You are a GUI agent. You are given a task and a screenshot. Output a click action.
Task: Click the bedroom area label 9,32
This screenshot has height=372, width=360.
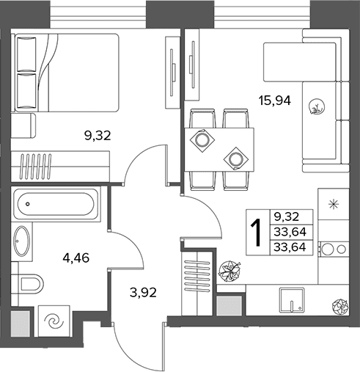coord(98,136)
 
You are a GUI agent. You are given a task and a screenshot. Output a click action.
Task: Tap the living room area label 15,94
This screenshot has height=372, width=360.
coord(275,101)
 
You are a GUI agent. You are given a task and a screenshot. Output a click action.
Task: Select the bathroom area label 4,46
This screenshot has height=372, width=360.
coord(76,258)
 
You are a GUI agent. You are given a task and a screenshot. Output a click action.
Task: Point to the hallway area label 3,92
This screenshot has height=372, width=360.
coord(143,292)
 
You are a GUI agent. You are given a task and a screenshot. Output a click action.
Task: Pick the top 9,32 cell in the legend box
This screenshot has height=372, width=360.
coord(287,216)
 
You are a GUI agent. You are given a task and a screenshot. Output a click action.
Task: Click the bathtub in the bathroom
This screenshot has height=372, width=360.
coord(56,204)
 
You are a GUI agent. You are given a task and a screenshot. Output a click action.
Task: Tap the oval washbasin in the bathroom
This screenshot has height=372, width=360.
coord(22,241)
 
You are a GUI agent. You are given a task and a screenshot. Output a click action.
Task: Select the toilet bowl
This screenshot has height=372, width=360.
coord(31,284)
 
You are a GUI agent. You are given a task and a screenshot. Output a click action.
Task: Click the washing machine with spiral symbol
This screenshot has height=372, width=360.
coord(54,321)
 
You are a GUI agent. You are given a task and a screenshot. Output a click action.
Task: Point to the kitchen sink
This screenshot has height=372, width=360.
coord(292,300)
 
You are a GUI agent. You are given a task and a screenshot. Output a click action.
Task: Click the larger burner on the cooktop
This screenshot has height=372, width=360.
coord(328,249)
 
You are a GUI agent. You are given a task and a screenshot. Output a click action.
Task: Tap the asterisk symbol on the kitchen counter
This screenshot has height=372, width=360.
coord(334,204)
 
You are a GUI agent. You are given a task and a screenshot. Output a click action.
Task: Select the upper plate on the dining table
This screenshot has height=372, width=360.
coord(202,140)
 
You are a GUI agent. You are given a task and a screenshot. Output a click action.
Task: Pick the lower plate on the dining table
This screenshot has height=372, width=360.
coord(236,159)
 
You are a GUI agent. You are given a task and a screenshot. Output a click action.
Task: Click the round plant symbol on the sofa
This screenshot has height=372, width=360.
coord(317,107)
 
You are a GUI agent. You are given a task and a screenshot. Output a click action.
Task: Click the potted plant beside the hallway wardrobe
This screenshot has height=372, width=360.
coord(229,271)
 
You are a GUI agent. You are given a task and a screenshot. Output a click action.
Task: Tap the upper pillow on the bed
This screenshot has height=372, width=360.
coord(26,54)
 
